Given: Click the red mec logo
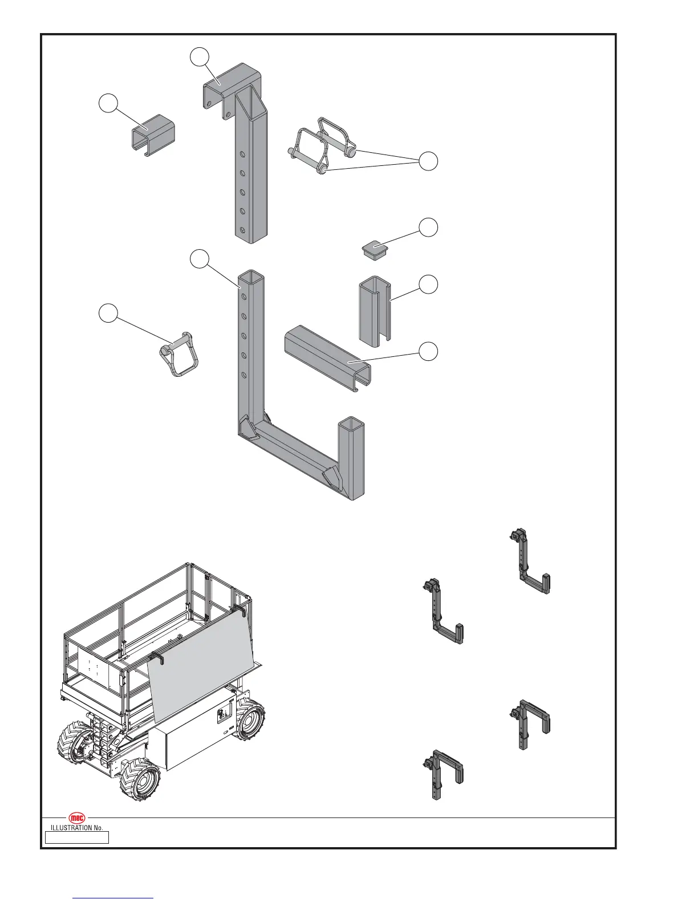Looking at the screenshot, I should [77, 817].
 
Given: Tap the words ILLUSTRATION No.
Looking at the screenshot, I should [77, 827].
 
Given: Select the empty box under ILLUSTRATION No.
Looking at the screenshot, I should [77, 837].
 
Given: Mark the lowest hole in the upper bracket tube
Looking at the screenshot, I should [243, 230].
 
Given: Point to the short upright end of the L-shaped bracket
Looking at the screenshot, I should [351, 456].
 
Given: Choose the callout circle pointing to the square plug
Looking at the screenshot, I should [429, 227].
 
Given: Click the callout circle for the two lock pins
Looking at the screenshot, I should [429, 161].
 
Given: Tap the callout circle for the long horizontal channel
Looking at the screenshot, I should [429, 351].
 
